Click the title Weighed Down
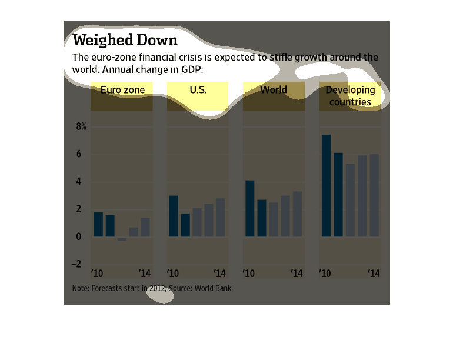point(124,41)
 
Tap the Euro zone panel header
point(121,90)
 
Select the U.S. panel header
point(198,90)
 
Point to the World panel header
point(274,90)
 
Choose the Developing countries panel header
point(350,96)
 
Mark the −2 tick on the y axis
point(77,264)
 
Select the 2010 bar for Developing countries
point(326,186)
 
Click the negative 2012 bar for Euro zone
point(122,239)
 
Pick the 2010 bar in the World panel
point(250,208)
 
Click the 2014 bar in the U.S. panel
point(220,218)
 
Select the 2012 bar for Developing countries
point(350,200)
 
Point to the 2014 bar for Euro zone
point(145,227)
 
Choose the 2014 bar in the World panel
point(297,214)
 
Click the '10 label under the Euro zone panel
point(97,274)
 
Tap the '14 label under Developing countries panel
point(374,274)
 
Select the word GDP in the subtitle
point(191,69)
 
